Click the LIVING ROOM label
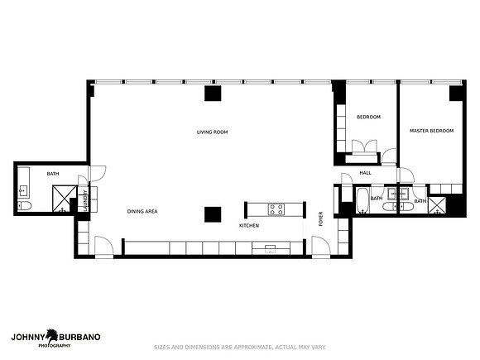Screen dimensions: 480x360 [x=212, y=132]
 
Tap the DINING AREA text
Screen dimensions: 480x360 [x=142, y=211]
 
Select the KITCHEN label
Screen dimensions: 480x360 [x=249, y=226]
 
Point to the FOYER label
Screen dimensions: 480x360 [x=320, y=218]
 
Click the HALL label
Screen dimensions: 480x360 [x=365, y=173]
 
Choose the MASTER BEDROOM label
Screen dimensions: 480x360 [x=432, y=131]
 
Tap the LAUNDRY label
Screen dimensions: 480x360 [x=85, y=200]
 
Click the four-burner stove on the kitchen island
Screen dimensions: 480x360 [x=276, y=209]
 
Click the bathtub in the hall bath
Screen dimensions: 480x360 [x=363, y=200]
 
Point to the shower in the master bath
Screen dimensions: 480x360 [x=437, y=204]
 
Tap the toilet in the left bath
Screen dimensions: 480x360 [x=25, y=206]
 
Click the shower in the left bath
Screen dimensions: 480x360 [x=65, y=199]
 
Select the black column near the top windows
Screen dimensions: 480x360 [x=213, y=94]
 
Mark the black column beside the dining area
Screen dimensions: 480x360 [x=213, y=214]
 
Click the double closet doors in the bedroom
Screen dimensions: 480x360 [x=364, y=146]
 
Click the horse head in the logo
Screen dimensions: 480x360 [x=52, y=336]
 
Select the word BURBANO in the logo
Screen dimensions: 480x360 [x=79, y=337]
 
